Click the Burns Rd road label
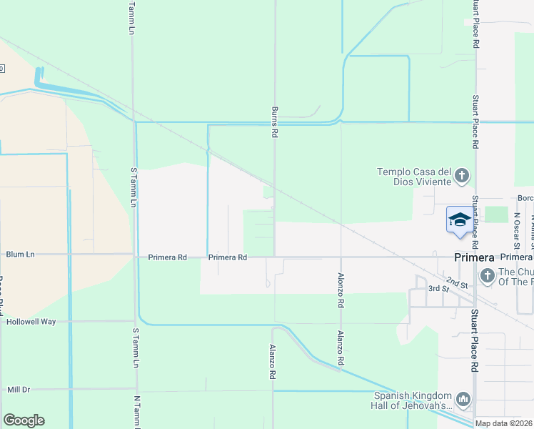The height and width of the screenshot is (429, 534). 274,122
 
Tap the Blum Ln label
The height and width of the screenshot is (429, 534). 20,254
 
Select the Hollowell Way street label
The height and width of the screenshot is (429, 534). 31,322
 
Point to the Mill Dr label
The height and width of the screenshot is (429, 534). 19,390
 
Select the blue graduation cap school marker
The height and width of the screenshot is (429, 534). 460,218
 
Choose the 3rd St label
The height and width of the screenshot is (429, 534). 438,288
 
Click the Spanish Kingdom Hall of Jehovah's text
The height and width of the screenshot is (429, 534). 413,401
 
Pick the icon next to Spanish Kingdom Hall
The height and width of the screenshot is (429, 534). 463,398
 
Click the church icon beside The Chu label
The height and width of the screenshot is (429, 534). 487,275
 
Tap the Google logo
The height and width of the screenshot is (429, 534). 24,420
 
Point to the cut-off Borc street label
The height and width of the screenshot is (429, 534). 525,198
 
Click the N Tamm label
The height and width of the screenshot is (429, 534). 136,411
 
